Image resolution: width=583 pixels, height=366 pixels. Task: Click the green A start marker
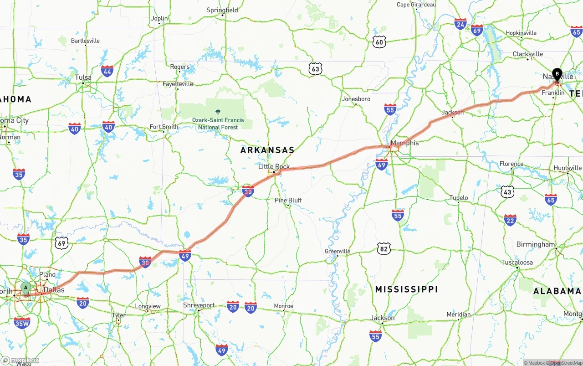pos(26,288)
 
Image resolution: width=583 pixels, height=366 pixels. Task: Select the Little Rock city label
pos(274,166)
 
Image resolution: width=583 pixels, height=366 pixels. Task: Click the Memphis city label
pos(404,143)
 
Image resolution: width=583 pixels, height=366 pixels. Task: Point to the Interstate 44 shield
pos(107,71)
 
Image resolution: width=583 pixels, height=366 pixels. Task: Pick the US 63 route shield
pos(315,69)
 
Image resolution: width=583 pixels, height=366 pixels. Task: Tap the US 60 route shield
pos(379,42)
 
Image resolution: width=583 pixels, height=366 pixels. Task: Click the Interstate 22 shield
pos(510,220)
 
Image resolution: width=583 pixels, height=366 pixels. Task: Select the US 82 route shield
pos(384,248)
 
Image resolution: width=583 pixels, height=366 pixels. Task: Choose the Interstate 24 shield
pos(460,24)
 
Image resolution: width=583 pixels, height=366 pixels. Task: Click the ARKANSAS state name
pos(267,150)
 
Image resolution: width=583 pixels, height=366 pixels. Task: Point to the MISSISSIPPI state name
pos(406,289)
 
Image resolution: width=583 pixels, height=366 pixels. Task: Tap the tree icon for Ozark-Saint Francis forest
pos(217,111)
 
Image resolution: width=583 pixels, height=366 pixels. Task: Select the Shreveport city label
pos(199,305)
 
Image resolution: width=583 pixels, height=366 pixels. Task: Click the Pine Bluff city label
pos(288,200)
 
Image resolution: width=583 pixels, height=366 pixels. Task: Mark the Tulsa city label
pos(83,77)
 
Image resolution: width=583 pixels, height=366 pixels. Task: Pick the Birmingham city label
pos(536,244)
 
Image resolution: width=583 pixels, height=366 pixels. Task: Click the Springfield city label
pos(222,10)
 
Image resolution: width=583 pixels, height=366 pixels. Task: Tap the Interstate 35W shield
pos(22,323)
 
